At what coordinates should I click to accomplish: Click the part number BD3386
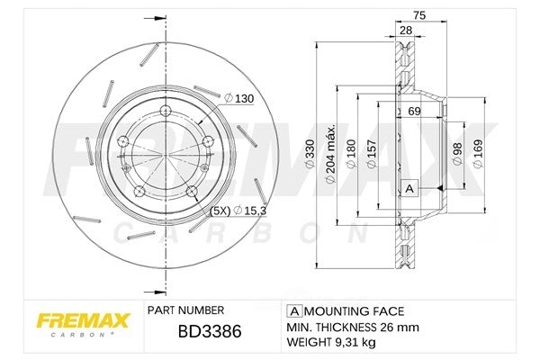click(210, 331)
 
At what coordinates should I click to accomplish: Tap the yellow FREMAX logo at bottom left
click(83, 321)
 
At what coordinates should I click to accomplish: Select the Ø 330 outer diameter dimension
click(310, 153)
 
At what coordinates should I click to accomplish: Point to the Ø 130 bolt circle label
click(238, 98)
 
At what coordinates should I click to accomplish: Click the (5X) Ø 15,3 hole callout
click(238, 210)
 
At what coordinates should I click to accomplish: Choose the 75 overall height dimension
click(419, 15)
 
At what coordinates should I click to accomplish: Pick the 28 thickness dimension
click(406, 31)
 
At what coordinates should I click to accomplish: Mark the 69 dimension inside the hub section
click(414, 112)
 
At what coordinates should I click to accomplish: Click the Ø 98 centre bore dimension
click(457, 153)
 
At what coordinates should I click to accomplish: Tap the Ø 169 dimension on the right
click(478, 153)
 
